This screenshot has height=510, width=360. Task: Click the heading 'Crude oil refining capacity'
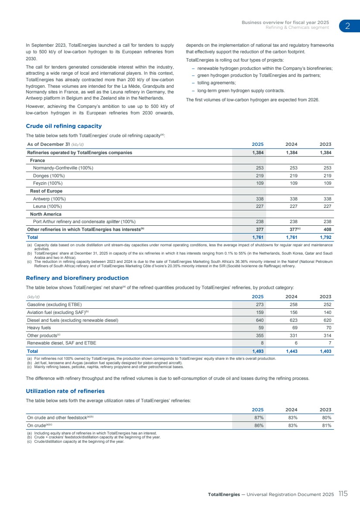(x=64, y=126)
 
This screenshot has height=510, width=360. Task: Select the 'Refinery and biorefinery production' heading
(x=77, y=278)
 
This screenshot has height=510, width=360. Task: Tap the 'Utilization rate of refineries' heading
(x=65, y=391)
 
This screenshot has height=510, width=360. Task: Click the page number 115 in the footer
(x=343, y=494)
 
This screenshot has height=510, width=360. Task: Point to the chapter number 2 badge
(x=348, y=26)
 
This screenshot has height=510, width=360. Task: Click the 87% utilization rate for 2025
(x=259, y=417)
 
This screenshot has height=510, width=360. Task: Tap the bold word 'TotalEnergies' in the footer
(x=223, y=494)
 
